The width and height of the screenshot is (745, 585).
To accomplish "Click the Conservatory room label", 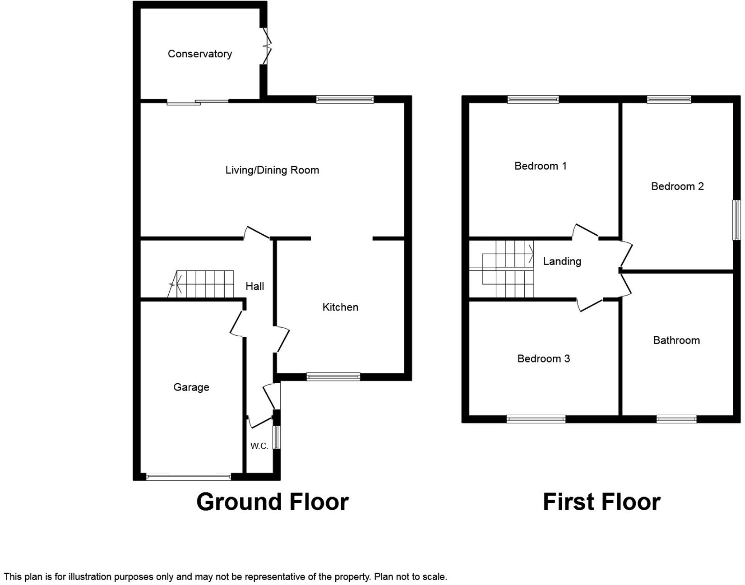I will tap(199, 54).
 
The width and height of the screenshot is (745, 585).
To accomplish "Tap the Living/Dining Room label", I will tap(272, 170).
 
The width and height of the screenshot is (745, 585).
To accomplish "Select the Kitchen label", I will tap(340, 307).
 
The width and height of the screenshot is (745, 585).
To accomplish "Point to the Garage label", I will tap(191, 387).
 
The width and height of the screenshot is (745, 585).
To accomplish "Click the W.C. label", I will tap(259, 446).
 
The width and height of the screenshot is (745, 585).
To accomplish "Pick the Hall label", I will tap(255, 286).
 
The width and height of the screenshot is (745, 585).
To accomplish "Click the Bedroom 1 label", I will tap(540, 166).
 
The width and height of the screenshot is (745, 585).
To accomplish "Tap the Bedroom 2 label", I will tap(677, 186).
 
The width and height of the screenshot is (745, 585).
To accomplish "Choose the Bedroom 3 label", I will tap(543, 359).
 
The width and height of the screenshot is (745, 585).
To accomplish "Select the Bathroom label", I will tap(676, 340).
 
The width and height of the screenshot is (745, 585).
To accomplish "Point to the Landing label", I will tap(562, 261).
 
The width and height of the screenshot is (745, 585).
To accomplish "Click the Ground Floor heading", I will tap(272, 502).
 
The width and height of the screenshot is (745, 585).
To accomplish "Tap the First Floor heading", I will tap(602, 502).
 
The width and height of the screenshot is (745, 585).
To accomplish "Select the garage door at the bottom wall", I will tap(188, 476).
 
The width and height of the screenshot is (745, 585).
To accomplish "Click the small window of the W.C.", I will tap(278, 437).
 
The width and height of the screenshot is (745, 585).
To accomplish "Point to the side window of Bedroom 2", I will tap(736, 220).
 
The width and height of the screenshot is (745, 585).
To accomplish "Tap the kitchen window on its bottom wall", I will tap(333, 376).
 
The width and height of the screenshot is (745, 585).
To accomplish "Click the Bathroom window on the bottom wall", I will tap(676, 419).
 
